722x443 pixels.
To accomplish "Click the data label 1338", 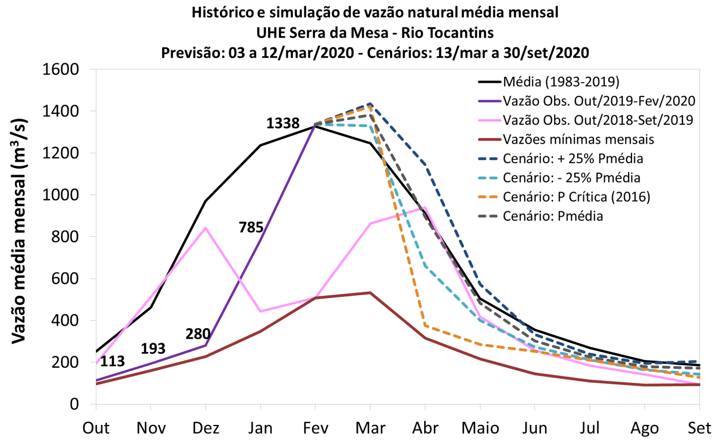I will coord(283,123).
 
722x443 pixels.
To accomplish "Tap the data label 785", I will coord(251,227).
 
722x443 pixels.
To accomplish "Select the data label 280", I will coord(198,334).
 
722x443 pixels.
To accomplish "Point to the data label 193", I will coord(153,349).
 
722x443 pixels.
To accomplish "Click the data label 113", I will coord(112,361).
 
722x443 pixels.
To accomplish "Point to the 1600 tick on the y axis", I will coord(61,69).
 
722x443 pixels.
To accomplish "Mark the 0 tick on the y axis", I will coord(74,404).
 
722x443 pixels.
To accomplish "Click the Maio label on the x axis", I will coord(480,428).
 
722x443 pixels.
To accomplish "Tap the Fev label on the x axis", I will coord(315,428).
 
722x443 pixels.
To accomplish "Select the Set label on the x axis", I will coord(699,428).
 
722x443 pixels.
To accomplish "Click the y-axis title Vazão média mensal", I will coord(19,231).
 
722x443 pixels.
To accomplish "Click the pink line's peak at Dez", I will coord(206,228).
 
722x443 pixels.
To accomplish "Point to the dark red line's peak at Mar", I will coord(370,292).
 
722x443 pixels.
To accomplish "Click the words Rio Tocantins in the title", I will coord(447,33).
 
